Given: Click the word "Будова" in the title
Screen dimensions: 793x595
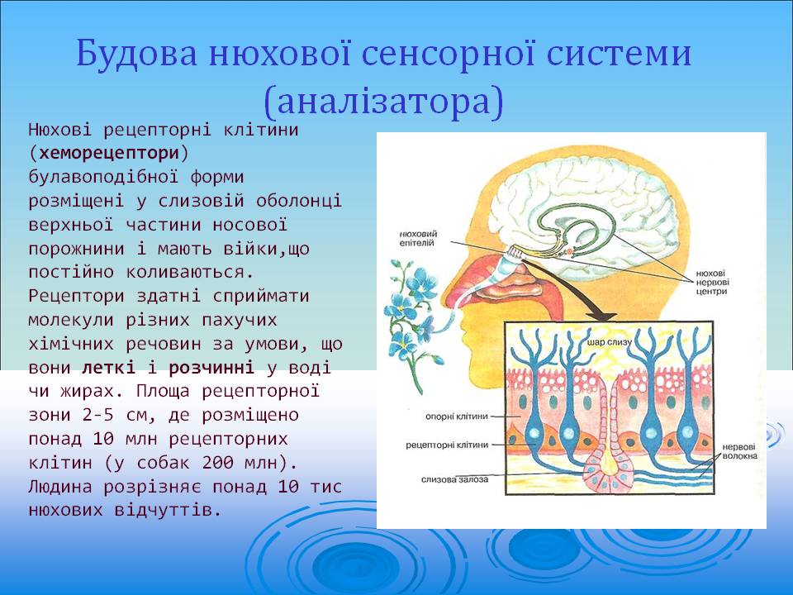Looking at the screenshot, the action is (136, 53).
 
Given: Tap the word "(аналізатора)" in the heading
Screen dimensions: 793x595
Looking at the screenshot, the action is (384, 101).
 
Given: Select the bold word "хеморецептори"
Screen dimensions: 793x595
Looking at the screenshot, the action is (109, 153).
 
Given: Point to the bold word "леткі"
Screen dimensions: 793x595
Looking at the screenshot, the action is (109, 367).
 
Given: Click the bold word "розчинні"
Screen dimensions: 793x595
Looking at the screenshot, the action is (211, 368).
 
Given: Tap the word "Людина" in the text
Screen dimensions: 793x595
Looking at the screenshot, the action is (60, 487).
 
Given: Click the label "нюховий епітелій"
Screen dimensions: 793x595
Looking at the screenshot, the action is (418, 238).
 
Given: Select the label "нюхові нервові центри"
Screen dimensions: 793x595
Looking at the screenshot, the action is (712, 282).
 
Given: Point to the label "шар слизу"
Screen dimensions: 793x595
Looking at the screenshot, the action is (610, 342).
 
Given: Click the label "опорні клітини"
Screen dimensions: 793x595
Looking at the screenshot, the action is (457, 416).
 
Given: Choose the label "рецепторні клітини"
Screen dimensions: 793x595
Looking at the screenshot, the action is (447, 445).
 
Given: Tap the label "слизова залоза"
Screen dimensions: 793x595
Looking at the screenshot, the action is (454, 479).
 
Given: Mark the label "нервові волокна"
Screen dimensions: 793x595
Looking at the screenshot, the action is (739, 451).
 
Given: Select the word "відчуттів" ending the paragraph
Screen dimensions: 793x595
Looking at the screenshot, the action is (168, 510).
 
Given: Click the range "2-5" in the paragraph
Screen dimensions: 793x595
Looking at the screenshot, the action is (98, 415).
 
